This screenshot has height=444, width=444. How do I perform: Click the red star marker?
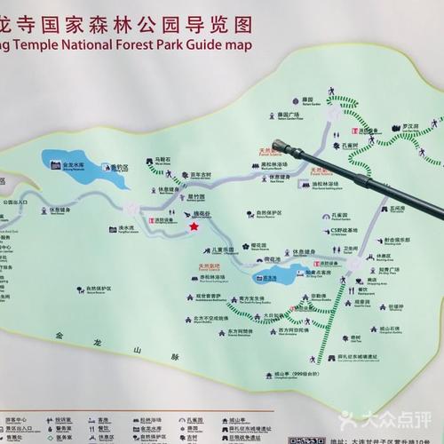(x=193, y=227)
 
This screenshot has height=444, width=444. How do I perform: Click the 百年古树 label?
(x=199, y=175)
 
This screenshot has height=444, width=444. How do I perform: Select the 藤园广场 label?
(x=289, y=114)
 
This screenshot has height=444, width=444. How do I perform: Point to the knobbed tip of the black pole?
(x=283, y=145)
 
